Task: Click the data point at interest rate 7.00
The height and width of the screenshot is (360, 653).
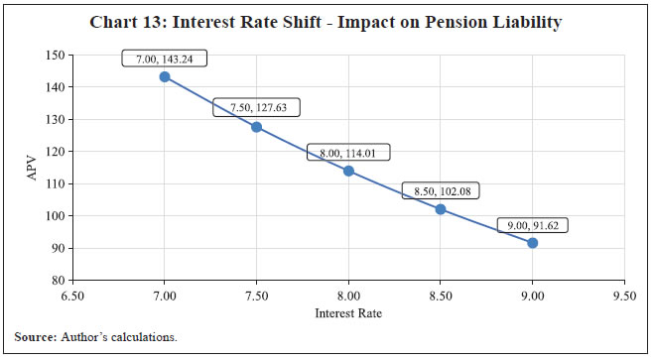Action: tap(165, 76)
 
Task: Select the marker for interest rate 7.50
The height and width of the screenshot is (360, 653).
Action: tap(256, 127)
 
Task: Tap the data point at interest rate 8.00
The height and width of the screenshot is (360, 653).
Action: tap(348, 171)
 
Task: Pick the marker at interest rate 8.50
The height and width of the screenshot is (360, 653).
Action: tap(441, 209)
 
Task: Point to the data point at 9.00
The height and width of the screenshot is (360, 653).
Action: tap(533, 243)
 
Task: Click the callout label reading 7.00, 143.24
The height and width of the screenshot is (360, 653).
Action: tap(164, 60)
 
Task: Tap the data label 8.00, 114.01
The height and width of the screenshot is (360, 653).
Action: tap(348, 153)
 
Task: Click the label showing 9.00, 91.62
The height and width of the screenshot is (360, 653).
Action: tap(533, 226)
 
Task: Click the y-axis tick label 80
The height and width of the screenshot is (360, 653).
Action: tap(58, 281)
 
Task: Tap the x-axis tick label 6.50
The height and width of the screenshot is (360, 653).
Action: tap(72, 296)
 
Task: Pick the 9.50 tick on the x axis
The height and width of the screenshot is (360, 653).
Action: tap(624, 296)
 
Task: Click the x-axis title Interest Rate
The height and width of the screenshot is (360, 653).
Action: tap(348, 313)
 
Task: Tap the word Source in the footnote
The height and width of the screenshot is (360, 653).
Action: tap(36, 339)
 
